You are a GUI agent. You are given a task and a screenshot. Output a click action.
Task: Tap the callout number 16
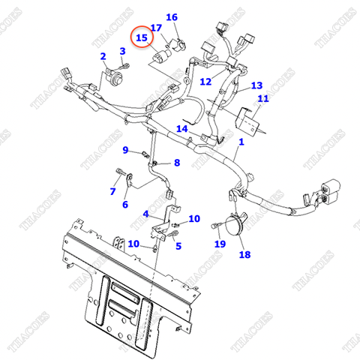[172, 17]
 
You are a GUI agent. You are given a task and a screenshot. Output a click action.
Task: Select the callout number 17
[156, 28]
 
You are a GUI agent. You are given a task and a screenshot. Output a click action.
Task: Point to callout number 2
[103, 56]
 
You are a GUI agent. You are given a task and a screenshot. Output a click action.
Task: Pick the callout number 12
[205, 80]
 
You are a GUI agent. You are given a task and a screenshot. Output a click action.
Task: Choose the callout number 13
[256, 85]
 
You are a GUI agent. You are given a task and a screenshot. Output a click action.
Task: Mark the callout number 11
[262, 99]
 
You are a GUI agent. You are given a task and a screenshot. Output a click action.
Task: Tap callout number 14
[181, 129]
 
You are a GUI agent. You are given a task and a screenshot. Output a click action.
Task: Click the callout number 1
[241, 142]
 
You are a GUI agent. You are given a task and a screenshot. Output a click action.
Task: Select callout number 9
[126, 150]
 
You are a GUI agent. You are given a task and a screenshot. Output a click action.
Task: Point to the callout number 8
[177, 163]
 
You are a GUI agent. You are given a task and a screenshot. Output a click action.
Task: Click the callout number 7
[113, 191]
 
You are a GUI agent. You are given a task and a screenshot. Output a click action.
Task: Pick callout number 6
[124, 205]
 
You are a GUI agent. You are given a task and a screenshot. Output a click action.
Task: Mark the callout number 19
[220, 244]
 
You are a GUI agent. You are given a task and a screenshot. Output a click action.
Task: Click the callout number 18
[244, 255]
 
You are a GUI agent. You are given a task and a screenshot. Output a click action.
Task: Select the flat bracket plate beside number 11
[248, 120]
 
